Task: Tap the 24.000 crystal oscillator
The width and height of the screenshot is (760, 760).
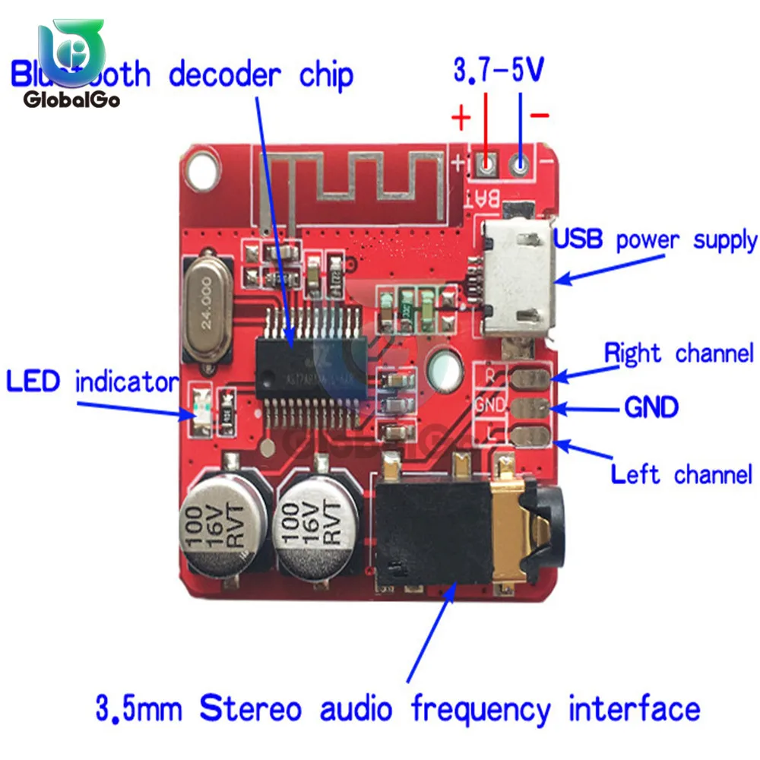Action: pyautogui.click(x=206, y=310)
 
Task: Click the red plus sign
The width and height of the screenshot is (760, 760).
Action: pyautogui.click(x=461, y=119)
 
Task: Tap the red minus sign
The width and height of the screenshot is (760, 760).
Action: pyautogui.click(x=539, y=116)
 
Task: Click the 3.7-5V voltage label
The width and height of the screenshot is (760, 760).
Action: pyautogui.click(x=499, y=71)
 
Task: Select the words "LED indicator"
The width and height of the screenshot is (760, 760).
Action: pyautogui.click(x=91, y=382)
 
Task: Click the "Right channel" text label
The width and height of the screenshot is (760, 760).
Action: pyautogui.click(x=679, y=353)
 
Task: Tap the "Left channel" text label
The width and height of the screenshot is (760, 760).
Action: pyautogui.click(x=682, y=475)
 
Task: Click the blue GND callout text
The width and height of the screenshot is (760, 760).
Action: pyautogui.click(x=651, y=407)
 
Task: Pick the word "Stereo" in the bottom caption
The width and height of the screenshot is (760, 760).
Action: pyautogui.click(x=251, y=708)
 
